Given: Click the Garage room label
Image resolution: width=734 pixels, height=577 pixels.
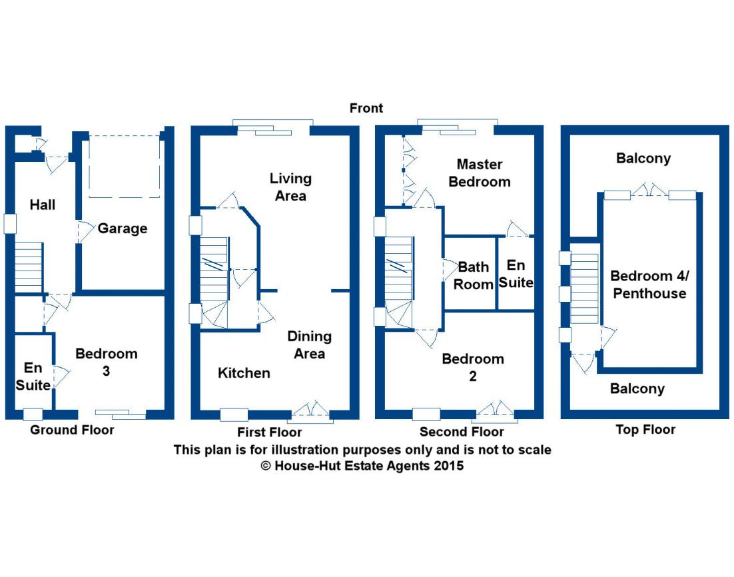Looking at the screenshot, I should (122, 229).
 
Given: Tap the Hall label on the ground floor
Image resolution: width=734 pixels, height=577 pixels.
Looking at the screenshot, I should (43, 205).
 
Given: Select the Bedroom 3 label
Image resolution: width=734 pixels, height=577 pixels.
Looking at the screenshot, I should (106, 362).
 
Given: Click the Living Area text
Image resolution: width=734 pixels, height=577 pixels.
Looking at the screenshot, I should (290, 187).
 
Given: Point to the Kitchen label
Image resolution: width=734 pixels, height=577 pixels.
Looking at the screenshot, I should (244, 372).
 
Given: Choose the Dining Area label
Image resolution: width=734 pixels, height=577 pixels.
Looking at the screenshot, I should (309, 344).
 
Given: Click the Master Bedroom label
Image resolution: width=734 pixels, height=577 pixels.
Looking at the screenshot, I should (480, 173).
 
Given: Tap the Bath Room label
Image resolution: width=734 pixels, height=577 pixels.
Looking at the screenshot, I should (474, 275).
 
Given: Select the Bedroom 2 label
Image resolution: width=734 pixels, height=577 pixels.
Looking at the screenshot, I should (473, 367).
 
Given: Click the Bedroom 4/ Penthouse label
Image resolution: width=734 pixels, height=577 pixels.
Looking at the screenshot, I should (648, 285).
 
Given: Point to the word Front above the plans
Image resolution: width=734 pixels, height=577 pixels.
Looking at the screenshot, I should (366, 108).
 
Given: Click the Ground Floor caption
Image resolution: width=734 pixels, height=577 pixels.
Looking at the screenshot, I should (72, 430).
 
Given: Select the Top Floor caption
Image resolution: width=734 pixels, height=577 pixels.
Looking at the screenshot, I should (645, 430).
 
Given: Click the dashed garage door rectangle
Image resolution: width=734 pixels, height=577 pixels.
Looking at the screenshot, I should (125, 167).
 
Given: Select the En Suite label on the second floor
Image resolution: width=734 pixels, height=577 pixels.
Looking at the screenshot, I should (516, 274).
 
